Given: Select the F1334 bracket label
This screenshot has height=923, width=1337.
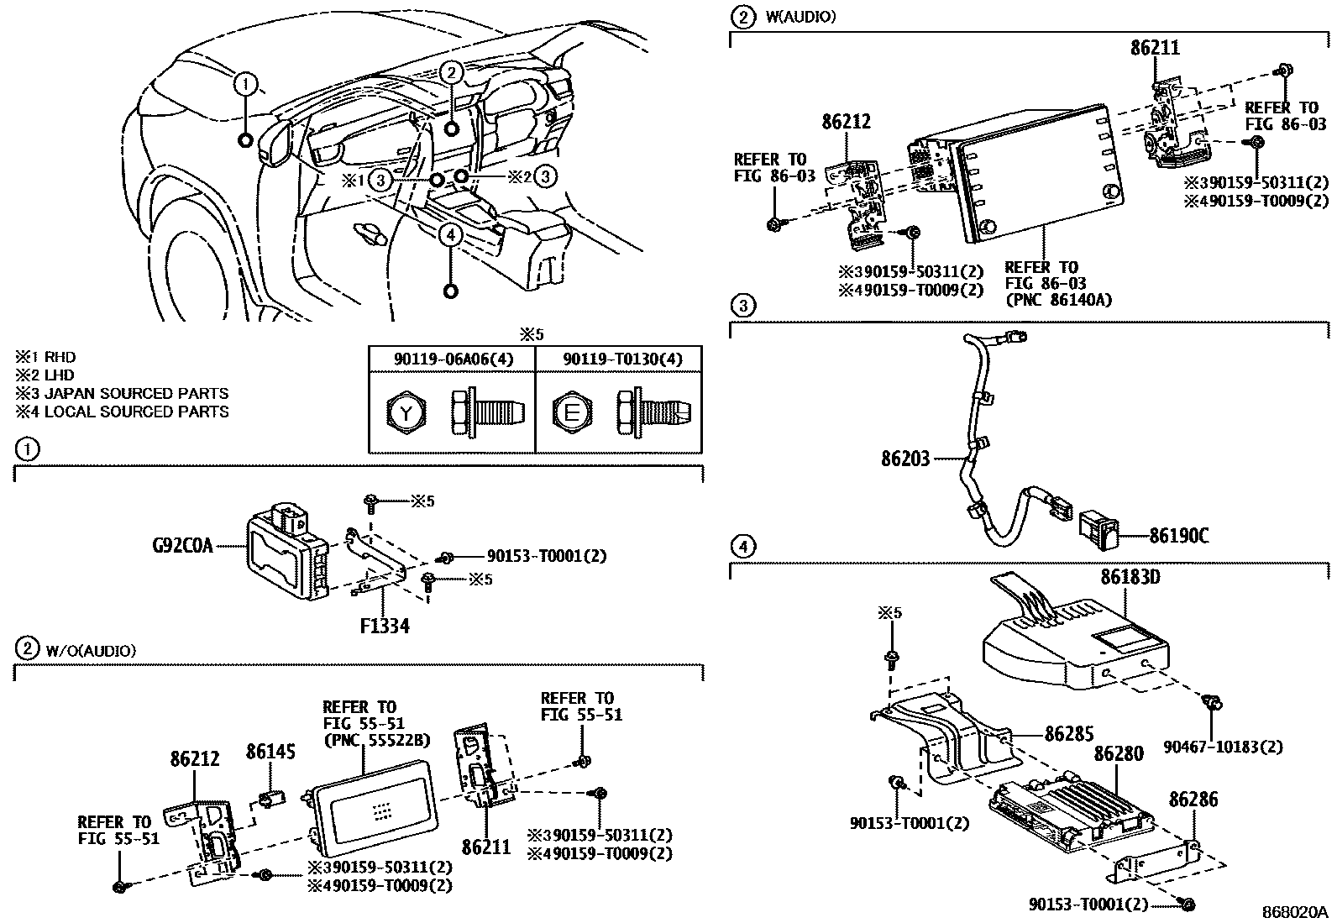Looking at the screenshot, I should pos(382,626).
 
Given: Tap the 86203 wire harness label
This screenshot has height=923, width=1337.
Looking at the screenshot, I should pos(905,459).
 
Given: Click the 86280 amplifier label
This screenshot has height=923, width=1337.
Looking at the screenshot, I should pos(1116,754).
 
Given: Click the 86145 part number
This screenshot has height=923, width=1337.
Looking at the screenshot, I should pos(270,752).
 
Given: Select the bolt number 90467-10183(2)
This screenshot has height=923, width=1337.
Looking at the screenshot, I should pos(1223,747).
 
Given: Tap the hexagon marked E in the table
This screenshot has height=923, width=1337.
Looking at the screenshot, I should pos(572,412).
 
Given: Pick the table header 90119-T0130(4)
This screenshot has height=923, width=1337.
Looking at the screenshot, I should pos(622,359).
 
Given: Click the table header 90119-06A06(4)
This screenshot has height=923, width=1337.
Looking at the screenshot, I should pos(454,359).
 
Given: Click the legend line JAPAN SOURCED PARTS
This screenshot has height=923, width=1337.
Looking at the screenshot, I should pos(122,393).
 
